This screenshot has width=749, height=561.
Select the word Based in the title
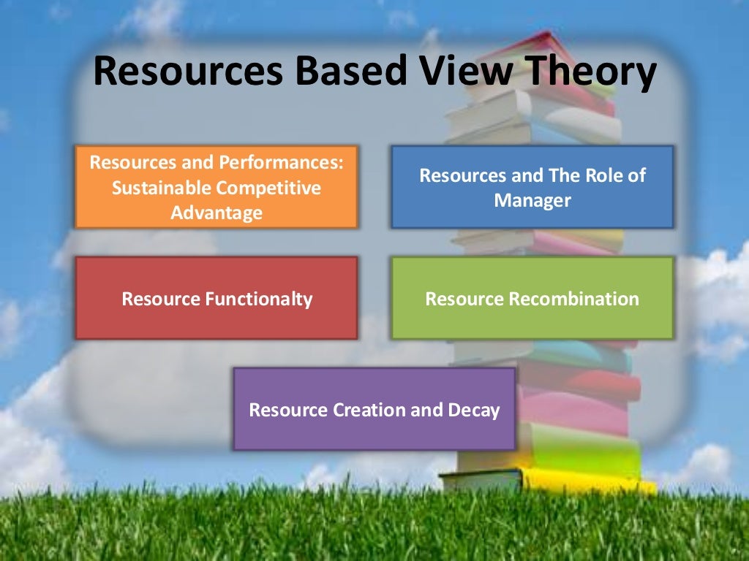coord(341,73)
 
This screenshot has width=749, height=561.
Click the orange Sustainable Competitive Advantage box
coord(216,187)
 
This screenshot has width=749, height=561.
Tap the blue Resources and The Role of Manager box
coord(532,187)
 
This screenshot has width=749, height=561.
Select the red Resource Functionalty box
coord(216,298)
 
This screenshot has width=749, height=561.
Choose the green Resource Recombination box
coord(532,298)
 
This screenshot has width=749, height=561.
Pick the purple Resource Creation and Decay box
coord(374,409)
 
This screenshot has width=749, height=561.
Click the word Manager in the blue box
coord(532,200)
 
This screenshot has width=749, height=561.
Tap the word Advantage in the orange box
coord(216,213)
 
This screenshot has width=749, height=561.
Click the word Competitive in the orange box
coord(268,188)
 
